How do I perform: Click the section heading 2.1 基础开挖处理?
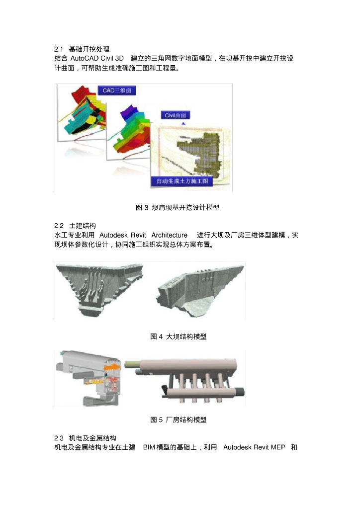82,49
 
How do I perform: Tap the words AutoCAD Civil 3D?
97,59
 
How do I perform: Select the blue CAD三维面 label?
117,90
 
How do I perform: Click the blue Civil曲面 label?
176,115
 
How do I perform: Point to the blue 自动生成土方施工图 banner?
182,181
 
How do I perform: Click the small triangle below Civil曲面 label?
183,123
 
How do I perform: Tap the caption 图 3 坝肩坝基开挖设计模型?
178,207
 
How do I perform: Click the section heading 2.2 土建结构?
75,226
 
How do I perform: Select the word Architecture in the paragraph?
170,235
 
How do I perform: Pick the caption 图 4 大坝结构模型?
178,337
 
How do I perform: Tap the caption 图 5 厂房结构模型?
178,420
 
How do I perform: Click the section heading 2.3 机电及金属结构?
85,438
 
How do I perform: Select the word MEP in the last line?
278,447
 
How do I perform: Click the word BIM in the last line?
149,447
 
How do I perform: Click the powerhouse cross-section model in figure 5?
89,378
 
